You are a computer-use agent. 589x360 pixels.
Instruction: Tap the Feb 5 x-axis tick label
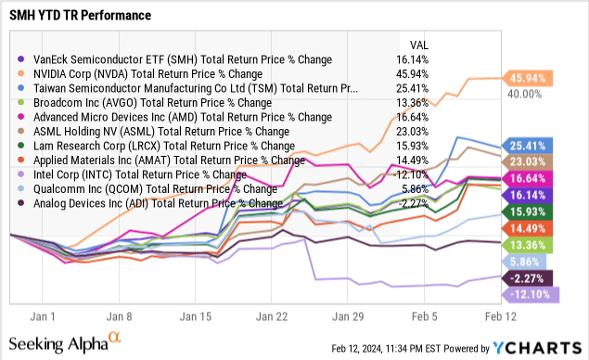[423, 315]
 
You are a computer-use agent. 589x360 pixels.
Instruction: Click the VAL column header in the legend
[418, 45]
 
